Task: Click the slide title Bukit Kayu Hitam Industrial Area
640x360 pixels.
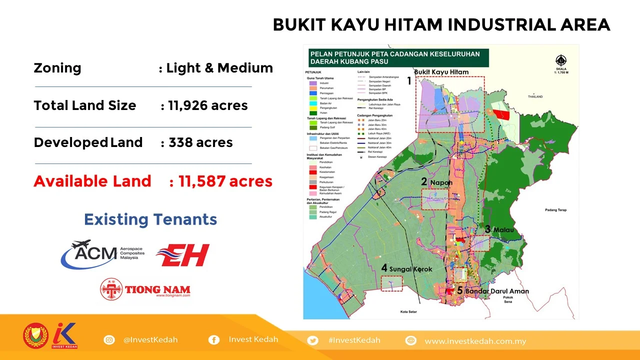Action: (441, 24)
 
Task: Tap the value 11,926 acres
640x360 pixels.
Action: (207, 105)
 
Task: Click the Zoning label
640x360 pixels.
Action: (57, 68)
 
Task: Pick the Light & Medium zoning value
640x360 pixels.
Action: (219, 68)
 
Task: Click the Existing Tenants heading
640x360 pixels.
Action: (150, 219)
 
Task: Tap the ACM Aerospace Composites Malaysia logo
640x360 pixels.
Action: (103, 254)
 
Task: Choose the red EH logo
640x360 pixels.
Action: (182, 255)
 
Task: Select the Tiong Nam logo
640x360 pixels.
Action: (145, 289)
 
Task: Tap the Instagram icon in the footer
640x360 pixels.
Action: (109, 340)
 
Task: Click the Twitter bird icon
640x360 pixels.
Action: (313, 340)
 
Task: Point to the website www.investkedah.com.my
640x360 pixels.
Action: (475, 341)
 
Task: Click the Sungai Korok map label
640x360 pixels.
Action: (410, 268)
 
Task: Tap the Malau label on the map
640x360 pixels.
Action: (503, 229)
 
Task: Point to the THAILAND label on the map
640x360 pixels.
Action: (534, 96)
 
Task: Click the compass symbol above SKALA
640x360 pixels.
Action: (561, 60)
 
